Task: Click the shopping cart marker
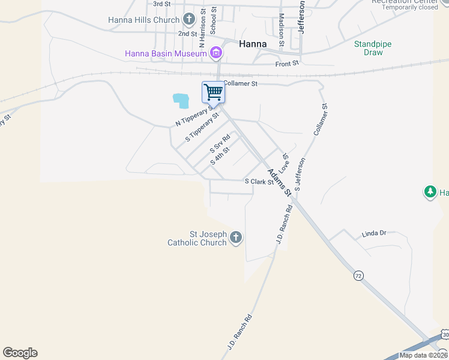(x=212, y=93)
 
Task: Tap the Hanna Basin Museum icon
(x=216, y=54)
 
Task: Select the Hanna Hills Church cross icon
(x=189, y=20)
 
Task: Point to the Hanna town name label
(x=253, y=43)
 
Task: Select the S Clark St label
(x=259, y=181)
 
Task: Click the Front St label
(x=287, y=64)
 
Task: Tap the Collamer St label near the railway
(x=240, y=84)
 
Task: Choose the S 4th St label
(x=220, y=156)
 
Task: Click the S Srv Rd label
(x=220, y=144)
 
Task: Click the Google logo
(x=20, y=353)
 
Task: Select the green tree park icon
(x=430, y=192)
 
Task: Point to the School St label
(x=213, y=21)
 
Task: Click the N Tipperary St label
(x=196, y=116)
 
